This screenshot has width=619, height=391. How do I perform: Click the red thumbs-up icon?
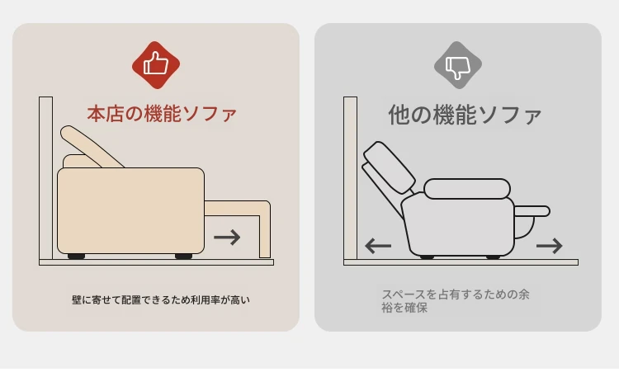tap(156, 64)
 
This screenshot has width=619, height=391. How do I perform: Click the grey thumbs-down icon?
tap(458, 64)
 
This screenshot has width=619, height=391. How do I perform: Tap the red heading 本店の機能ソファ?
tap(162, 114)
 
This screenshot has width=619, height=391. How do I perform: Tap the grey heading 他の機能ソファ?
tap(465, 115)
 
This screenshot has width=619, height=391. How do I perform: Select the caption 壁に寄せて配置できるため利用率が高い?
tap(161, 300)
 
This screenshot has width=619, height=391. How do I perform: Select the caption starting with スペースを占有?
tap(455, 301)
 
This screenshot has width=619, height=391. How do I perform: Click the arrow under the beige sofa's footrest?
tap(227, 237)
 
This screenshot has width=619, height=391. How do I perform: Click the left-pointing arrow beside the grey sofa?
tap(378, 246)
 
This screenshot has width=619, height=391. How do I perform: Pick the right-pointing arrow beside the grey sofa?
tap(549, 246)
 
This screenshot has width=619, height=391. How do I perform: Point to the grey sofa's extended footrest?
tap(532, 211)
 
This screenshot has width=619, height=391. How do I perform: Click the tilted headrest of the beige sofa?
tap(91, 146)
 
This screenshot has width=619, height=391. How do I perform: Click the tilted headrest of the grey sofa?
tap(389, 167)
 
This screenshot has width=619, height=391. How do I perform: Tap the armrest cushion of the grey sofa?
tap(467, 189)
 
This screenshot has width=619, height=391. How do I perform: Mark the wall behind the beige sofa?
tap(45, 178)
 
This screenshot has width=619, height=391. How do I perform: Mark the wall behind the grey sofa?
tap(351, 178)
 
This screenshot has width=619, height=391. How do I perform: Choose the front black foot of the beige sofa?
tap(183, 257)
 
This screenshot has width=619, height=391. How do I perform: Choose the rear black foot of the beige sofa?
tap(76, 257)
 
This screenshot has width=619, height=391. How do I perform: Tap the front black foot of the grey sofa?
tap(493, 257)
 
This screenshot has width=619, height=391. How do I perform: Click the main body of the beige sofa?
tap(130, 211)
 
